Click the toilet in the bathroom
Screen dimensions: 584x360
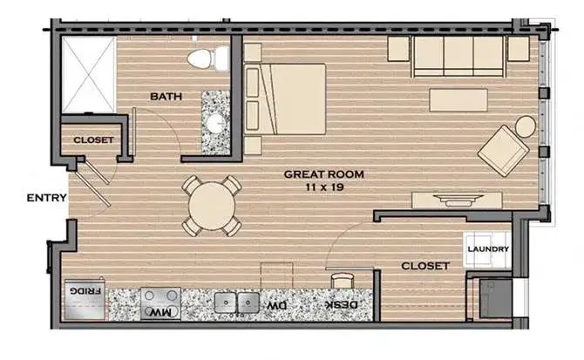pos(208,58)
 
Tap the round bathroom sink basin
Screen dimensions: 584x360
pos(215,123)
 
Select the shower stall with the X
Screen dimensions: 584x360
pos(89,74)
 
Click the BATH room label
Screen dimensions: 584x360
pos(166,97)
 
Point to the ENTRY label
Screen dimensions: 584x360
pos(46,198)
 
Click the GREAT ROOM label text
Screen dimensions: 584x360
pos(323,174)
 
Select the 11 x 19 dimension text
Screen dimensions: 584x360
pos(324,187)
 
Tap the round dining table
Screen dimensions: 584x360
pos(212,206)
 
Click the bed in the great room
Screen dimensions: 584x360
pos(285,99)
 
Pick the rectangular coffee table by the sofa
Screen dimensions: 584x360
pos(458,99)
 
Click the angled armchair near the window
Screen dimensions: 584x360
pos(503,151)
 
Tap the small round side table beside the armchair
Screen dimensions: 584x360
pos(525,126)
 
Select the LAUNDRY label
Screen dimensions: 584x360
pos(488,249)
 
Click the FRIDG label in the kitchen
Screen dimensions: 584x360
pos(85,290)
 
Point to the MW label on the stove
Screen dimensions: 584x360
pos(160,312)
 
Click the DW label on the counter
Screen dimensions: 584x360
pos(276,306)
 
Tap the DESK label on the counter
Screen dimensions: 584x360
pos(342,305)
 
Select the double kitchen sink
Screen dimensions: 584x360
pos(236,302)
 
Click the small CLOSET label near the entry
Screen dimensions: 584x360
pos(93,140)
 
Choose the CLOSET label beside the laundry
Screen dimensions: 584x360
pos(425,266)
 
